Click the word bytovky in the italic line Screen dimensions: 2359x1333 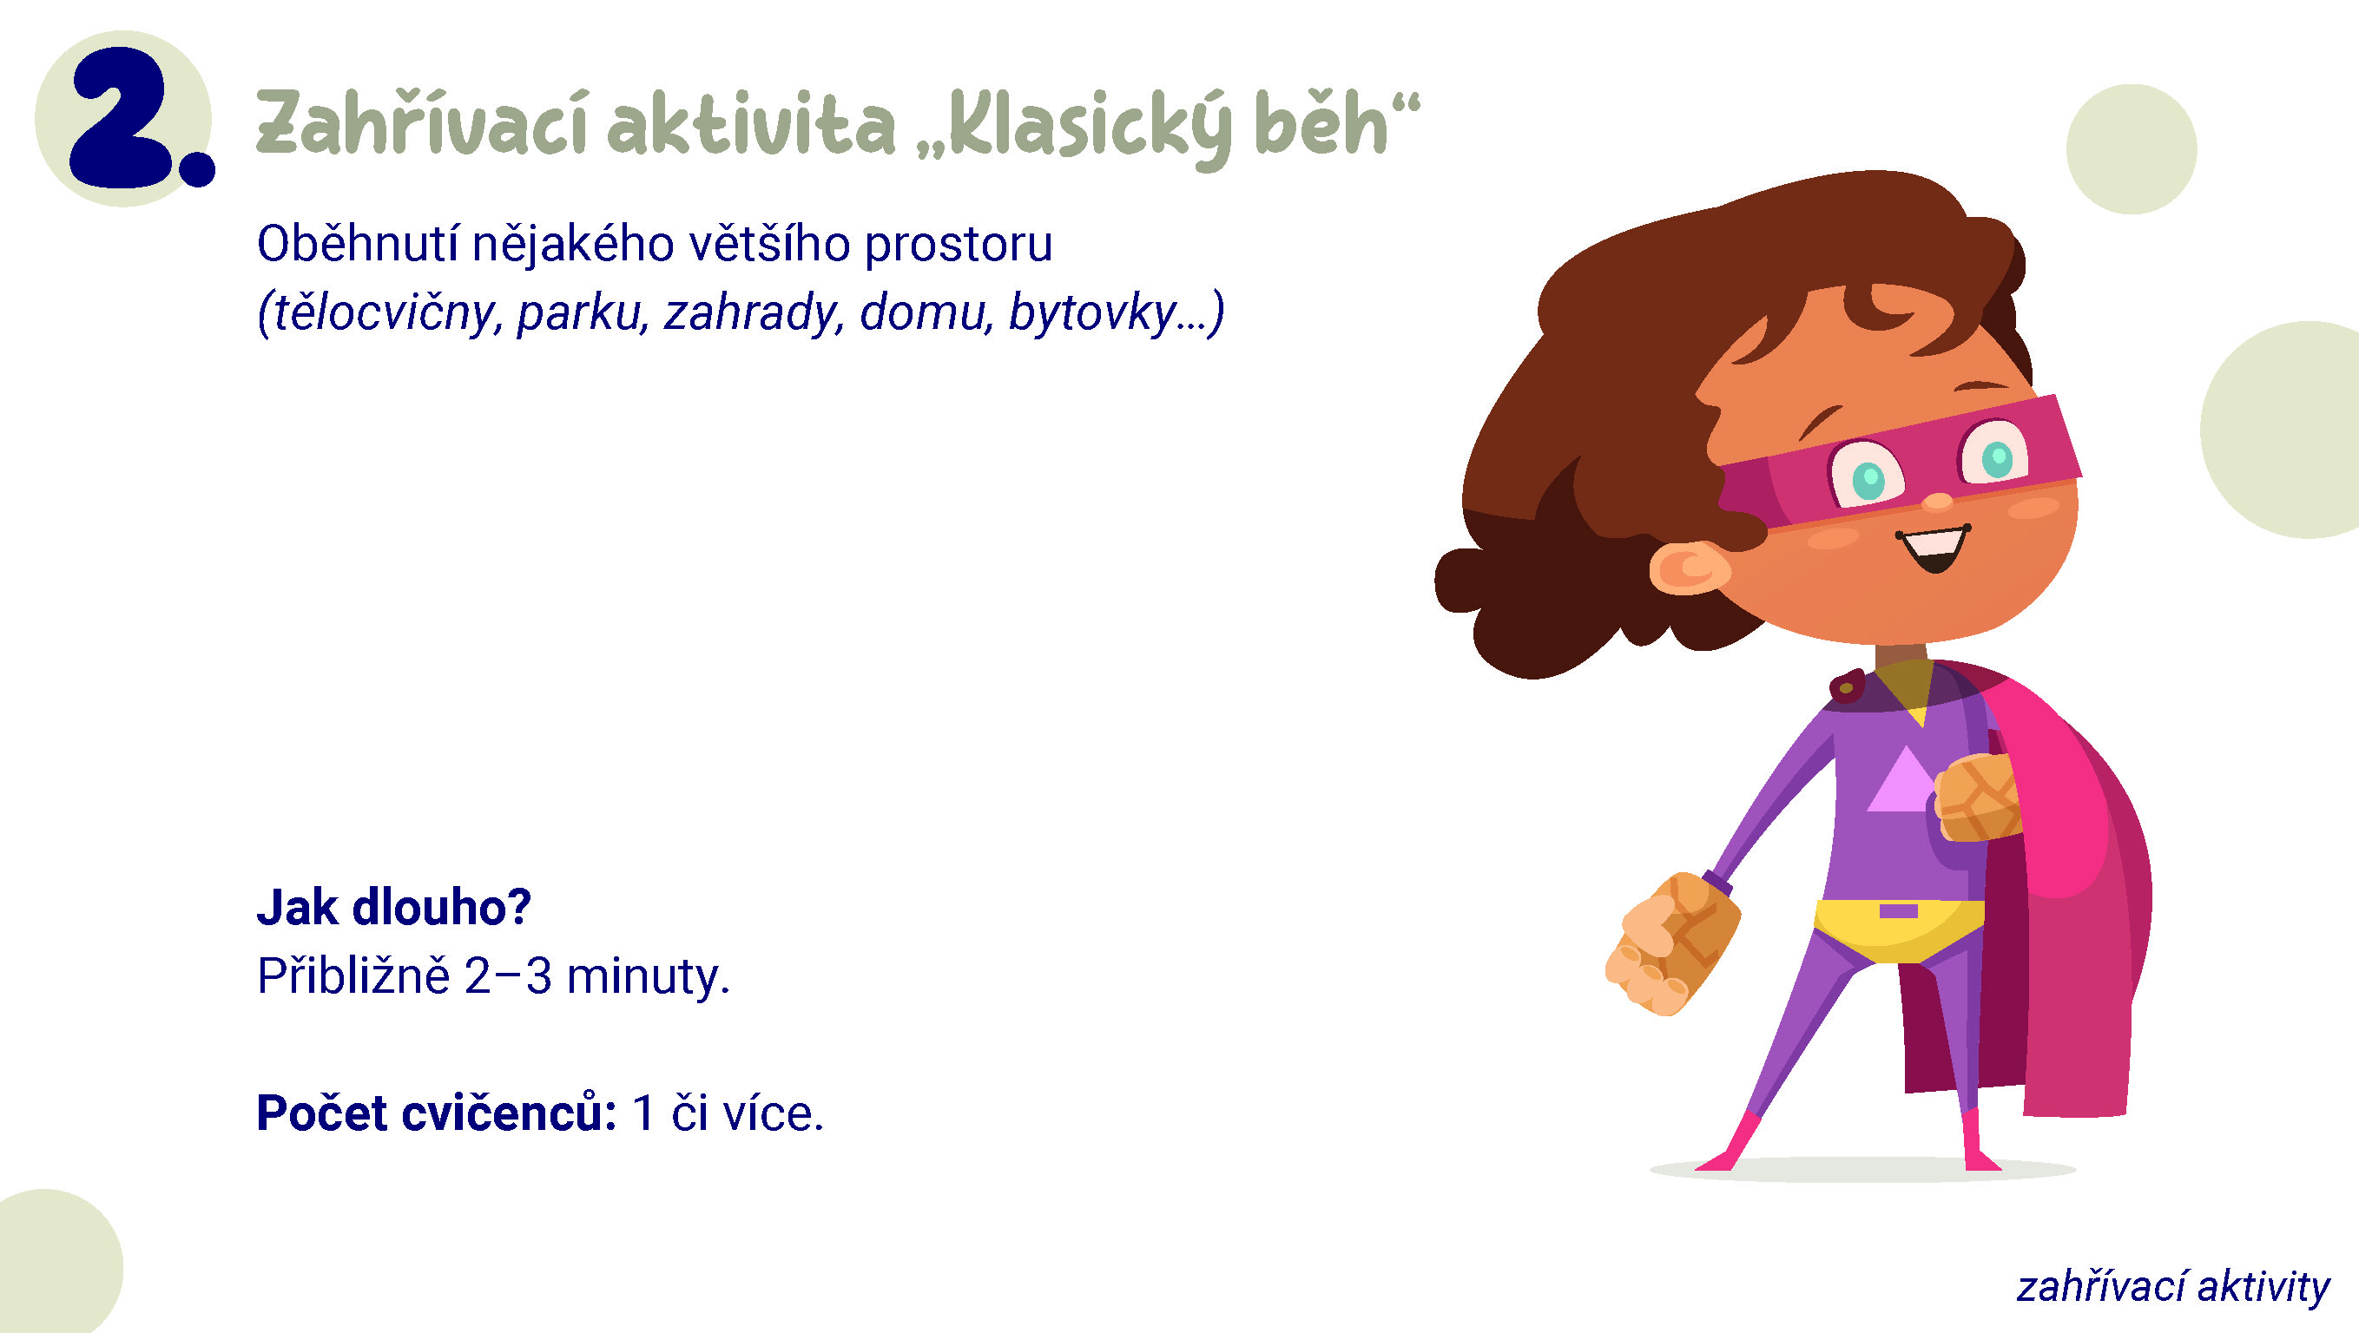pyautogui.click(x=1091, y=314)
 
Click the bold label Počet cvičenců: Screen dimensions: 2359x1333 pyautogui.click(x=437, y=1113)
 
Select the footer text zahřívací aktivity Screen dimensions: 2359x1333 pyautogui.click(x=2173, y=1287)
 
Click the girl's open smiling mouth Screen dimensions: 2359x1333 pyautogui.click(x=1935, y=548)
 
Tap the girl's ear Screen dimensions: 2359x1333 pyautogui.click(x=1689, y=568)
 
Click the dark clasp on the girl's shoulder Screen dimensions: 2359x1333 pyautogui.click(x=1847, y=686)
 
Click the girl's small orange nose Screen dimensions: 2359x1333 pyautogui.click(x=1937, y=502)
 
